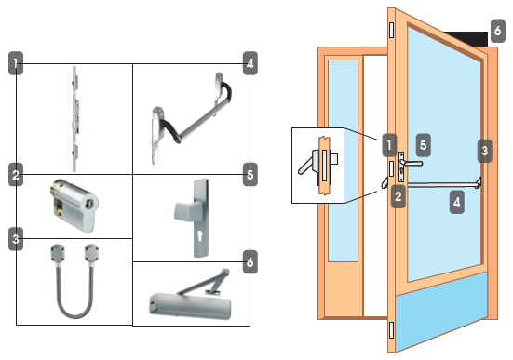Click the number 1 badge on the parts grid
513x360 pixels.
click(16, 63)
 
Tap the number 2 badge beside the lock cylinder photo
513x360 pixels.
click(16, 175)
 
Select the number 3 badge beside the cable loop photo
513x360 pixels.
click(16, 239)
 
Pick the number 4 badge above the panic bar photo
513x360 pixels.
click(250, 63)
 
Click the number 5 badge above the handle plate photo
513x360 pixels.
click(250, 175)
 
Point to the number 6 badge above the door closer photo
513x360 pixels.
click(250, 262)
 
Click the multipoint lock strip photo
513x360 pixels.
click(74, 119)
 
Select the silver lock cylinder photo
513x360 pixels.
click(74, 206)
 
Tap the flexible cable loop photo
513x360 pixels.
click(74, 281)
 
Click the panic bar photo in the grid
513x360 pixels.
click(192, 118)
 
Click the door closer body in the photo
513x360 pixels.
click(190, 306)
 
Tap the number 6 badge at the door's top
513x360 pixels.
click(497, 31)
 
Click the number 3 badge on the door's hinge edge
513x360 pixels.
click(484, 151)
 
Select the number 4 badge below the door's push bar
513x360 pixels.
click(457, 203)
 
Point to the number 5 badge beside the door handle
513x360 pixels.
click(423, 145)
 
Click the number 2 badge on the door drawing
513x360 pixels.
click(398, 196)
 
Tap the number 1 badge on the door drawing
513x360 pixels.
click(389, 145)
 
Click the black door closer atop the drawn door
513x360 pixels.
click(466, 38)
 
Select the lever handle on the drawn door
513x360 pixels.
click(412, 163)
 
